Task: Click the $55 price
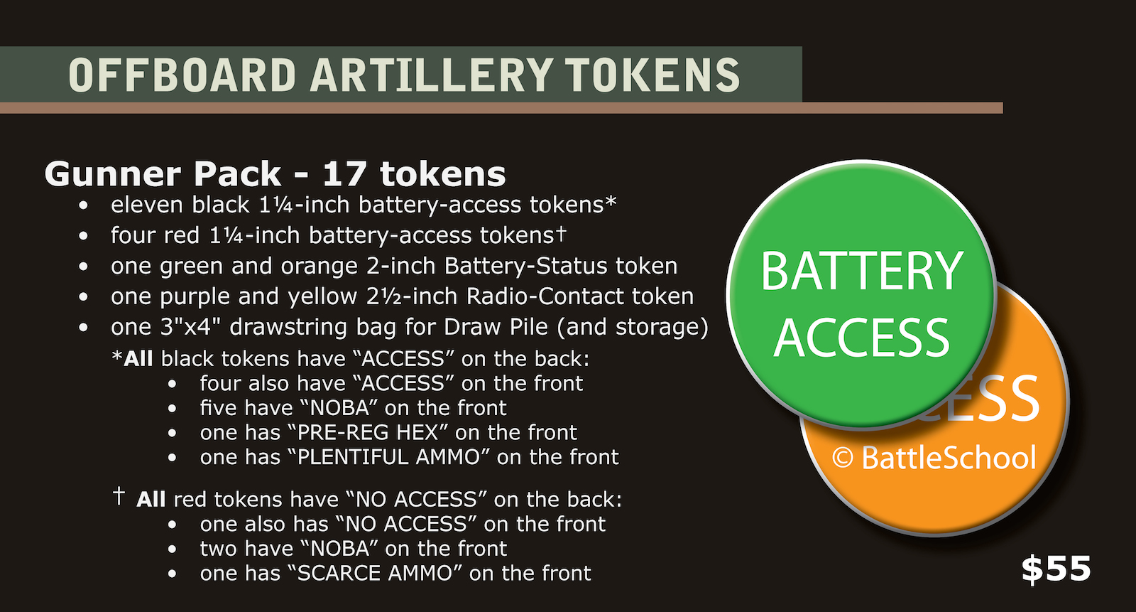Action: [x=1056, y=569]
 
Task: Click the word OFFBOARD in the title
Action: [x=182, y=75]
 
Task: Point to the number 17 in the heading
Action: [x=346, y=174]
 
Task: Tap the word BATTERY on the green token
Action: [x=861, y=272]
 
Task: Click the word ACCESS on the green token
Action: [x=861, y=338]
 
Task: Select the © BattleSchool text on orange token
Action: [x=934, y=458]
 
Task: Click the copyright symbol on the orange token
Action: [x=842, y=458]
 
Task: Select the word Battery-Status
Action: [x=527, y=266]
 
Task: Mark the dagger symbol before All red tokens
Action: [x=119, y=495]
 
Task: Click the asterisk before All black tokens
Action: [x=117, y=356]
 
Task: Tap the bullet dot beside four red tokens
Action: [x=84, y=236]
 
